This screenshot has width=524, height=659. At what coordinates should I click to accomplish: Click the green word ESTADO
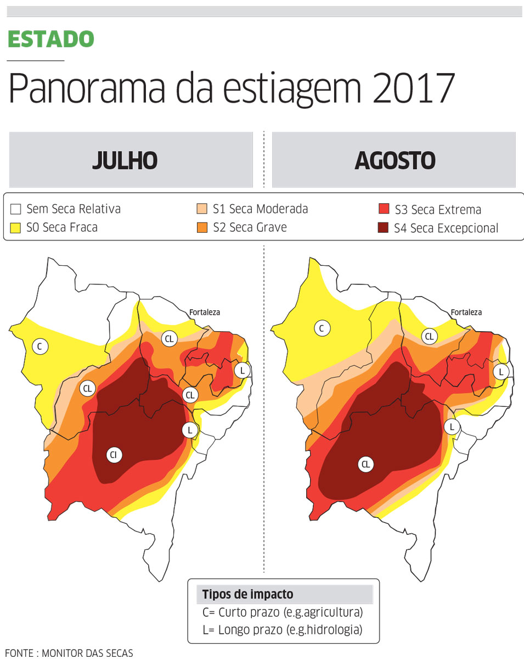[x=51, y=39]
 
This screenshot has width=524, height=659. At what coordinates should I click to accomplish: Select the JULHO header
[x=125, y=160]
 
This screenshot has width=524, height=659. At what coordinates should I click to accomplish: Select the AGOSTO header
[x=395, y=160]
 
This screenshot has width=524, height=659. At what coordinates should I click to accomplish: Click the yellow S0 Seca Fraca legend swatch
[x=15, y=227]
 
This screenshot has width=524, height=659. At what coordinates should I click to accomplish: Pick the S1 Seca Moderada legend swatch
[x=201, y=209]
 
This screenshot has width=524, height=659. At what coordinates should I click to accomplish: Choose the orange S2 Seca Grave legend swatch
[x=201, y=227]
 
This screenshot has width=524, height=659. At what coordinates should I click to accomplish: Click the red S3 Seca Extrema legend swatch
[x=384, y=210]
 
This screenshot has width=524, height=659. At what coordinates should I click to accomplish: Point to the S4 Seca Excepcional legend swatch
[x=384, y=228]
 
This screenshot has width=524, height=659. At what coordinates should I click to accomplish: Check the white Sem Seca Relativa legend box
[x=15, y=209]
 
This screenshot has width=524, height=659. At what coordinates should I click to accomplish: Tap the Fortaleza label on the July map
[x=205, y=312]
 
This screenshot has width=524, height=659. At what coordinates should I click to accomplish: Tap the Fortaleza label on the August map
[x=466, y=312]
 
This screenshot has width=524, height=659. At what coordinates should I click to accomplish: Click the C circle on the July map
[x=40, y=346]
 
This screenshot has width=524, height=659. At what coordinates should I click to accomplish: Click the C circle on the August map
[x=322, y=328]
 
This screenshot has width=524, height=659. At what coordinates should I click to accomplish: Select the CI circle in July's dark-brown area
[x=114, y=455]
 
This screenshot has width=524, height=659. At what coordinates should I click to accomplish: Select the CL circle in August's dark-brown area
[x=365, y=465]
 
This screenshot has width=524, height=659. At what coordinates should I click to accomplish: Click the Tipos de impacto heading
[x=247, y=594]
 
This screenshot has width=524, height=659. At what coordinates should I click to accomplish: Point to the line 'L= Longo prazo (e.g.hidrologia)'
[x=283, y=630]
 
